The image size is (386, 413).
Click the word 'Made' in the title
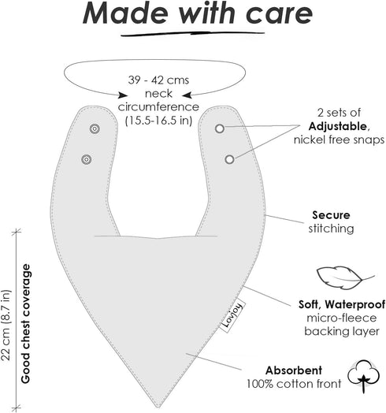125,13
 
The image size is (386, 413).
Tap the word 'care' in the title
279,13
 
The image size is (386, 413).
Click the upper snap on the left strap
95,128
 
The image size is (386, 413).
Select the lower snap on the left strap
87,159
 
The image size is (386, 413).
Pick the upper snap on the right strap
220,128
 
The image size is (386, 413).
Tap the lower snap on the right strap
229,159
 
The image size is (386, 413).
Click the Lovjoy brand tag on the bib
232,316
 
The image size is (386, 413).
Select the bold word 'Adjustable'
337,126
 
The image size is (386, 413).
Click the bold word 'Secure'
331,215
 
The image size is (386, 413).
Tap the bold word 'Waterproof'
355,304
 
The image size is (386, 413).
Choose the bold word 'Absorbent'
294,370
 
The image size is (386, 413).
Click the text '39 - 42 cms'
158,80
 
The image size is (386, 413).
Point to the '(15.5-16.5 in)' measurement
158,121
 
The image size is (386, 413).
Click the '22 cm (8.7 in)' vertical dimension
6,326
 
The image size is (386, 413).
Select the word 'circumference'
158,107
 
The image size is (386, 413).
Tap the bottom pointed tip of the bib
158,407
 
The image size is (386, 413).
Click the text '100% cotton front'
294,384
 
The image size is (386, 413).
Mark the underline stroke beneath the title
192,33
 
